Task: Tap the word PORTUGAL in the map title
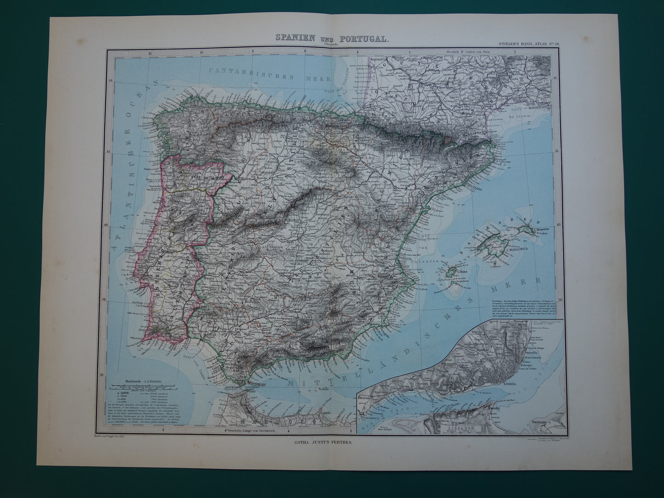pyautogui.click(x=366, y=39)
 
